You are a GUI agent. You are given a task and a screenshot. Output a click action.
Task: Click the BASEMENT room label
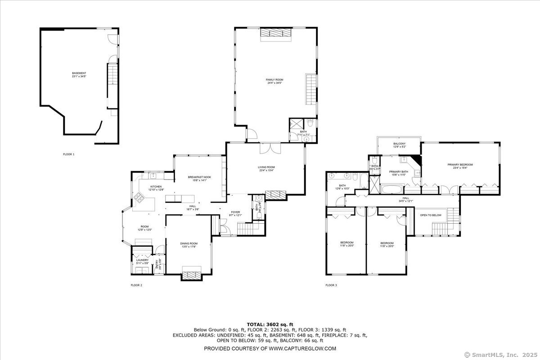coord(79,73)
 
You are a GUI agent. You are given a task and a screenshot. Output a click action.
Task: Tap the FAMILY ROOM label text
coord(274,80)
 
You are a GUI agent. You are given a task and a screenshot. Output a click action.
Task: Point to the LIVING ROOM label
coord(266,167)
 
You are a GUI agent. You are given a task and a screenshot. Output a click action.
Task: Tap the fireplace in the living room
coord(275,195)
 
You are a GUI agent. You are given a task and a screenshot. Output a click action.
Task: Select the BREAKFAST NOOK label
coord(199,177)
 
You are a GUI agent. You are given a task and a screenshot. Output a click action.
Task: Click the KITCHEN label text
coord(156,187)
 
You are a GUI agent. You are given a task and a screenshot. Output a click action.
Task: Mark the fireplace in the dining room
coord(191,273)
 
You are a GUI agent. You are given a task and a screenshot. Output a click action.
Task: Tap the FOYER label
coord(235,212)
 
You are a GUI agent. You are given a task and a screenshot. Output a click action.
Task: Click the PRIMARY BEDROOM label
coord(460,165)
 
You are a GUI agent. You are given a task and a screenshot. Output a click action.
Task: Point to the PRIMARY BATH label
coord(398,171)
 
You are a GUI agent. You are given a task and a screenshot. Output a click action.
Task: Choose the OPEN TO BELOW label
coord(431,215)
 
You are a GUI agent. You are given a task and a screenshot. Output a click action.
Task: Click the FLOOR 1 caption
coord(68,154)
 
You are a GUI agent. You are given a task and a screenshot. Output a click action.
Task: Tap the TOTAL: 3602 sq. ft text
coord(270,324)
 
